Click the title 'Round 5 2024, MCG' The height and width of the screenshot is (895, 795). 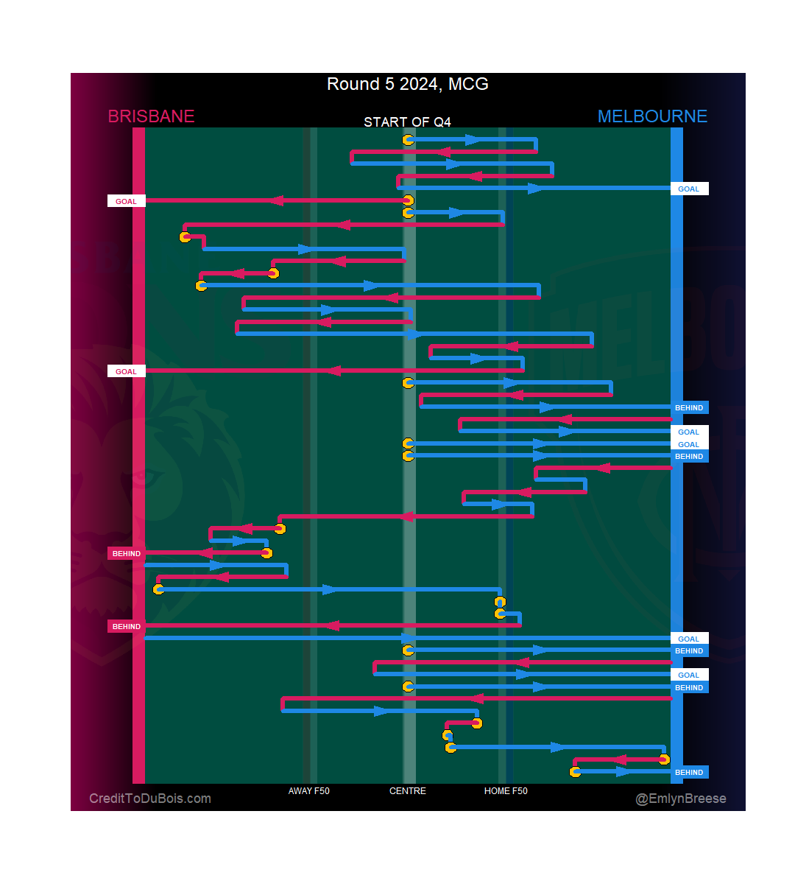[407, 84]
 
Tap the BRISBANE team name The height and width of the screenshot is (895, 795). [151, 116]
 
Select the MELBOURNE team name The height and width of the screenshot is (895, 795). [652, 116]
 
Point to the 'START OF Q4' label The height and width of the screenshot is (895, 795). [407, 122]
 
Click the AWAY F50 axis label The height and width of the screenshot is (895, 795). [308, 791]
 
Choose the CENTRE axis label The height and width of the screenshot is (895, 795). [407, 791]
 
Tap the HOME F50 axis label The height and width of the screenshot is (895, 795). [506, 791]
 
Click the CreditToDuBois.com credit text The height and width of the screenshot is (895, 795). [150, 799]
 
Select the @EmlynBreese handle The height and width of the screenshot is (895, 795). [681, 799]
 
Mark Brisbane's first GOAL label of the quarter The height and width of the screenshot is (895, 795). [126, 201]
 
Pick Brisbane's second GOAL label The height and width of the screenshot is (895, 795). [126, 371]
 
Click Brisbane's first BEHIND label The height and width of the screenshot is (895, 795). [126, 553]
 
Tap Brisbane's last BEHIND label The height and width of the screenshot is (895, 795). [126, 626]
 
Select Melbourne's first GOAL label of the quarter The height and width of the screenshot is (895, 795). [689, 189]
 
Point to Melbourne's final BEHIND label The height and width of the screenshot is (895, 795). [689, 772]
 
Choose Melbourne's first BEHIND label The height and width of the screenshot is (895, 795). [689, 407]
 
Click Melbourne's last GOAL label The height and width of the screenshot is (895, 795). [689, 675]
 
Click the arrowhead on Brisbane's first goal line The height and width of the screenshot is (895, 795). [275, 200]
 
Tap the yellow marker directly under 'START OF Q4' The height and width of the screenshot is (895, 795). [408, 140]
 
